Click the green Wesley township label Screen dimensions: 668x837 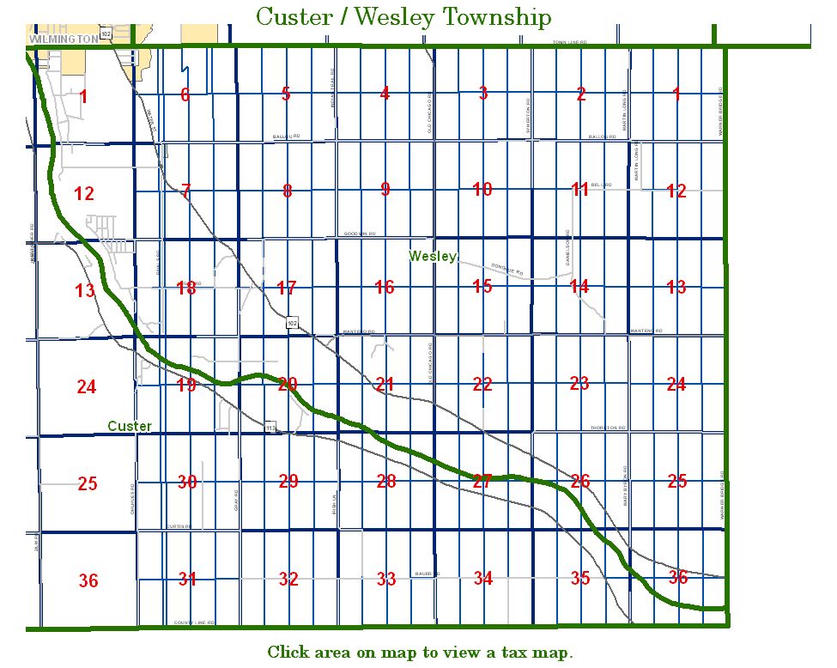pos(433,256)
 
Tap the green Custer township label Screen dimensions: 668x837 pos(130,426)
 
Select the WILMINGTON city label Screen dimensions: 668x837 pos(63,39)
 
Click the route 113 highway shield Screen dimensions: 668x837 pos(270,427)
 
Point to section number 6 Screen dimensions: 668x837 pos(185,94)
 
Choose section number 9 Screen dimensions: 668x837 pos(385,190)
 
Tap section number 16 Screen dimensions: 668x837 pos(385,287)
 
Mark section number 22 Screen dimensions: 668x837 pos(482,384)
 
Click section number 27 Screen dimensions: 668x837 pos(482,481)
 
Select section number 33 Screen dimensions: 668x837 pos(386,580)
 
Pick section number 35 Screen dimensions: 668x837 pos(580,578)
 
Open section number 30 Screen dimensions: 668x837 pos(187,482)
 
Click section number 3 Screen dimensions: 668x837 pos(483,93)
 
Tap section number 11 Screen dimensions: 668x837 pos(580,189)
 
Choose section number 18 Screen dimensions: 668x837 pos(186,288)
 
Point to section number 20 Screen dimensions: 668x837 pos(288,384)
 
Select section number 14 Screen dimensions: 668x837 pos(579,286)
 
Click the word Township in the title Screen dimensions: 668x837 pos(493,17)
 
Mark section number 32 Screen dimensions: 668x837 pos(288,580)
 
